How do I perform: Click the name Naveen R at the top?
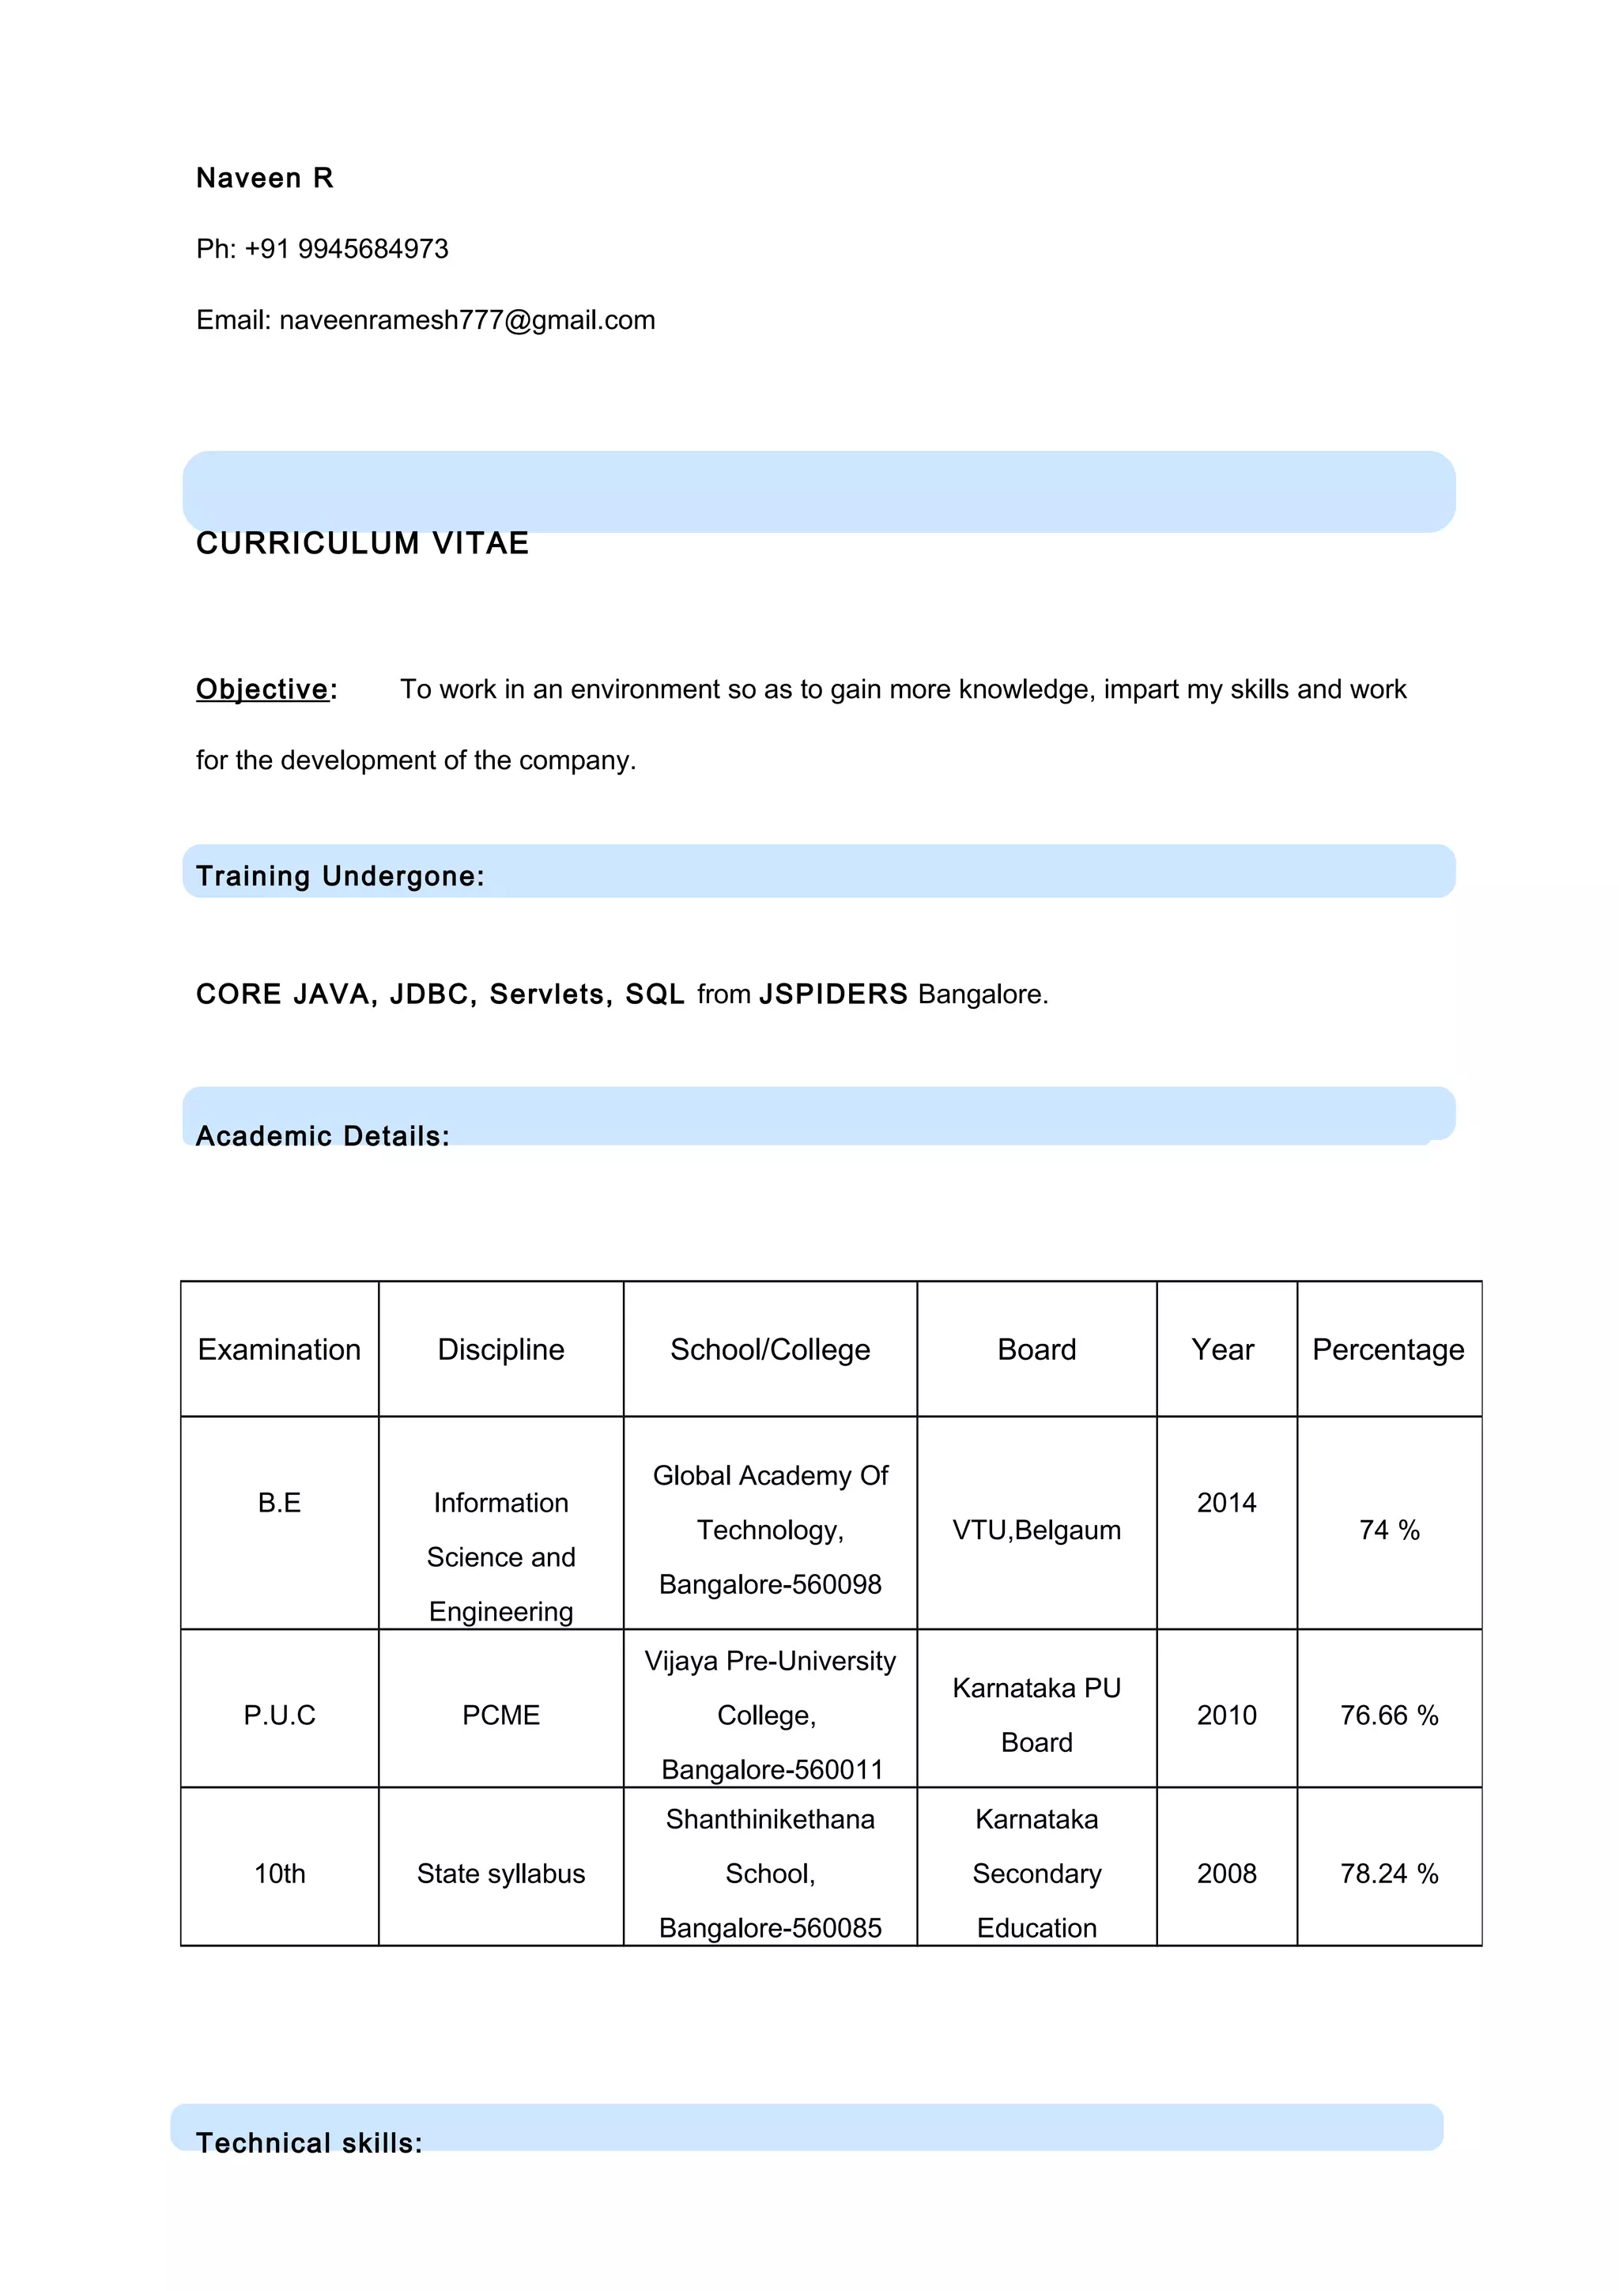[x=264, y=178]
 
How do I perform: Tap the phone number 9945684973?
[x=373, y=248]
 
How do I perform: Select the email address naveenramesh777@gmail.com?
[x=467, y=320]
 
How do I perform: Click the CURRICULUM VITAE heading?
[x=362, y=543]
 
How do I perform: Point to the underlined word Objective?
[x=262, y=689]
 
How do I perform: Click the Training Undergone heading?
[x=339, y=875]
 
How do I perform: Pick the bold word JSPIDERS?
[x=833, y=994]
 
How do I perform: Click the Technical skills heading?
[x=309, y=2142]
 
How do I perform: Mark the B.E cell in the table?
[x=279, y=1502]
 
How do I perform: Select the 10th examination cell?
[x=279, y=1873]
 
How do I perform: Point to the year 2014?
[x=1226, y=1502]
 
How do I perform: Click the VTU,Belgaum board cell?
[x=1036, y=1530]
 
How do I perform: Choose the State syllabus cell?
[x=500, y=1873]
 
